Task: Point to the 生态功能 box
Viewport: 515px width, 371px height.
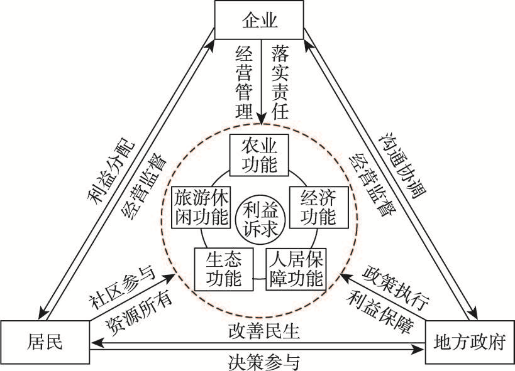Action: pyautogui.click(x=223, y=269)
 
